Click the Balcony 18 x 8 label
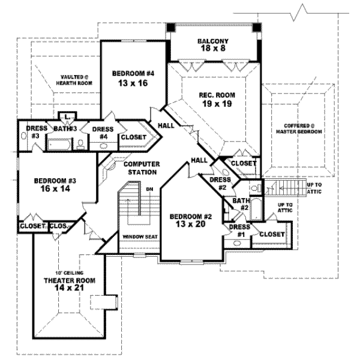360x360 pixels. click(214, 44)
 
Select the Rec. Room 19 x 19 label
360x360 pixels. click(217, 99)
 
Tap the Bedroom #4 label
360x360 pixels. click(133, 78)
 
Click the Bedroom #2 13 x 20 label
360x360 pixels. click(187, 220)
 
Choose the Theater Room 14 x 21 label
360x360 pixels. click(67, 284)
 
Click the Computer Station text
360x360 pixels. click(141, 168)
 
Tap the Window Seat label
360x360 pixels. click(140, 236)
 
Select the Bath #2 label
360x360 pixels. click(241, 204)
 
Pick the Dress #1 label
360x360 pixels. click(236, 230)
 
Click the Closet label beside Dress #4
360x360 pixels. click(133, 137)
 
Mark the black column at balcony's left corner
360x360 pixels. click(170, 28)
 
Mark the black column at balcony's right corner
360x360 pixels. click(257, 28)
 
